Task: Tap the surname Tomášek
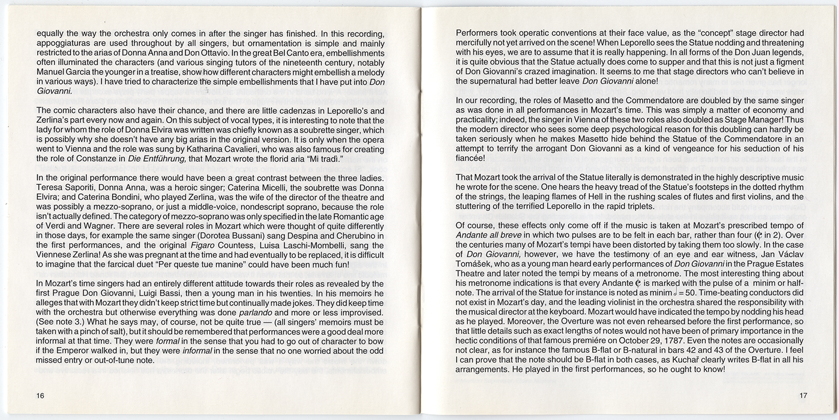pos(476,266)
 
